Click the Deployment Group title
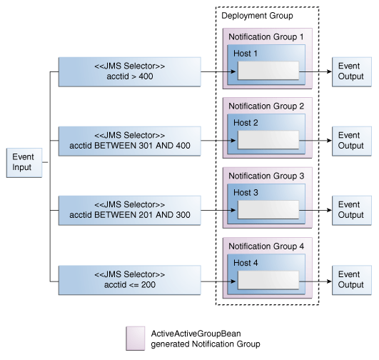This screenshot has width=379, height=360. tap(256, 16)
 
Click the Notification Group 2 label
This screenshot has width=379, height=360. tap(266, 106)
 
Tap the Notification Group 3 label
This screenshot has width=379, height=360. tap(266, 175)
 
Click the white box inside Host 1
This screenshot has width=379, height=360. tap(268, 71)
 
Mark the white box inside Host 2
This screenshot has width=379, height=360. tap(268, 140)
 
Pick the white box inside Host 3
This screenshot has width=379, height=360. tap(268, 209)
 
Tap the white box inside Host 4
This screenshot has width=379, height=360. tap(268, 279)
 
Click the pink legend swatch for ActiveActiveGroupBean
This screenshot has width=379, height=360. tap(136, 339)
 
